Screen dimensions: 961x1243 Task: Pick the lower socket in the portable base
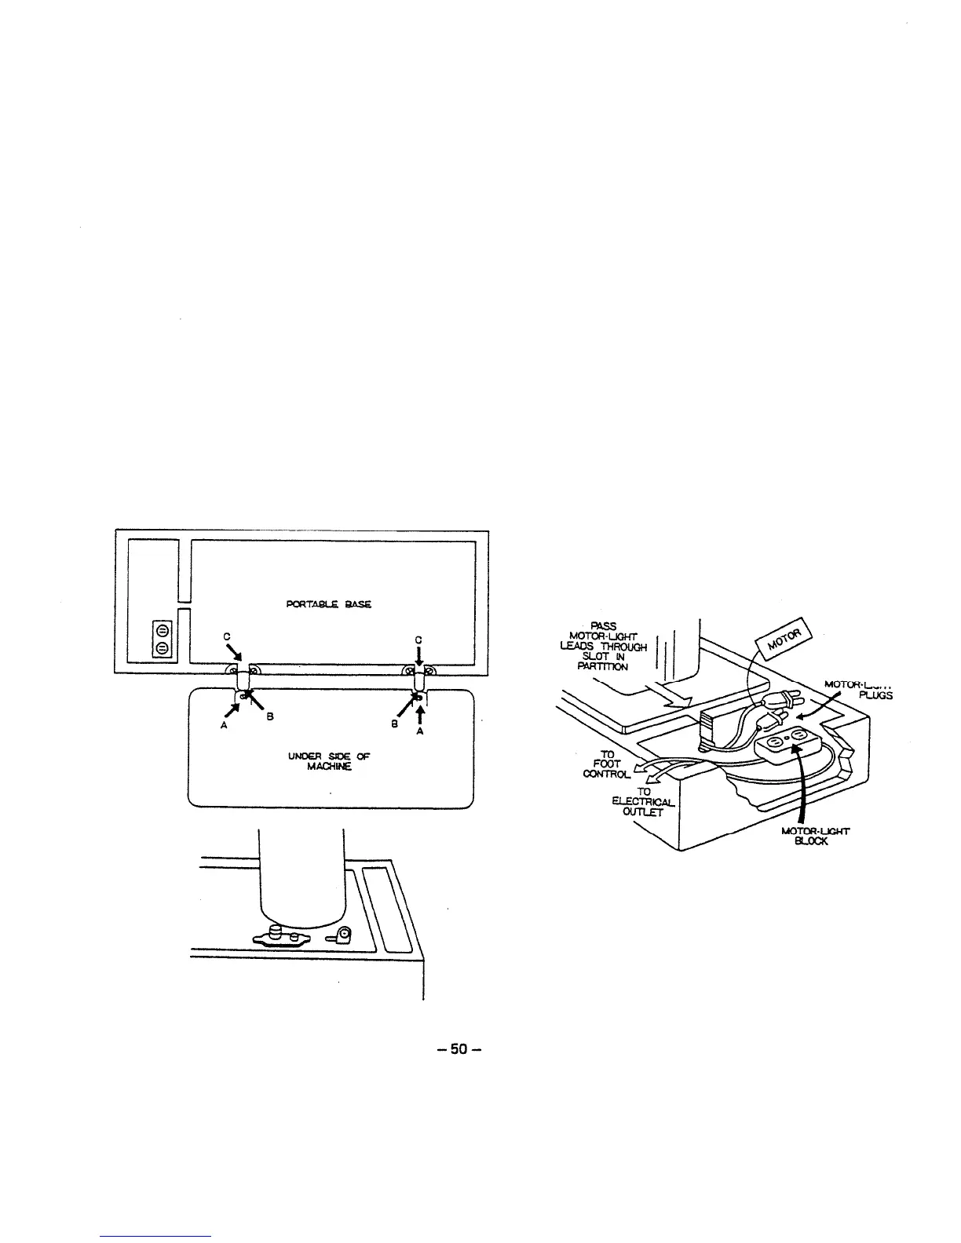tap(163, 647)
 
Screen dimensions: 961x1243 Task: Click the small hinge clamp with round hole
tap(343, 935)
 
